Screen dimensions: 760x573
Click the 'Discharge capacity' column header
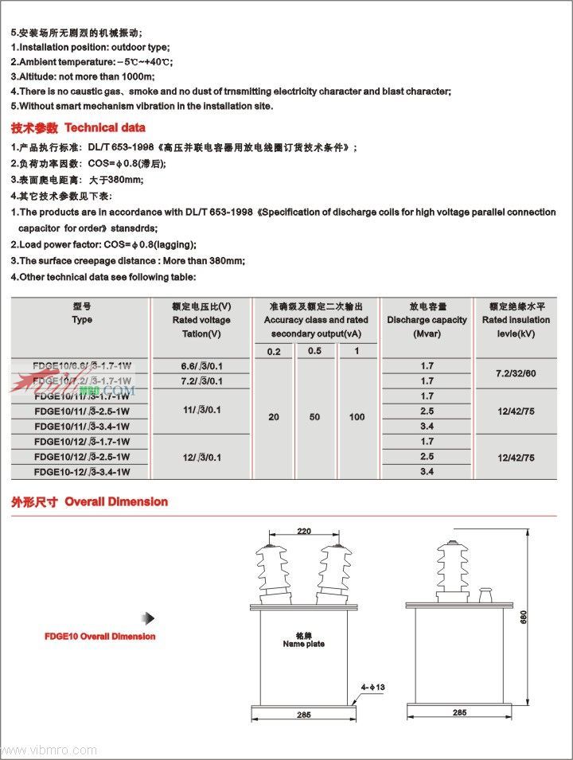[x=427, y=320]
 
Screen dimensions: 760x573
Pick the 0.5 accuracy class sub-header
[x=315, y=351]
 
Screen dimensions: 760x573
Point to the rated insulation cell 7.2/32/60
[x=516, y=373]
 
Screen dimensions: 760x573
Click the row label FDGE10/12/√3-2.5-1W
[x=82, y=457]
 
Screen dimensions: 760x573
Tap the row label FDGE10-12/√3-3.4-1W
[x=82, y=472]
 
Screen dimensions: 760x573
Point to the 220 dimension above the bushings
[x=304, y=530]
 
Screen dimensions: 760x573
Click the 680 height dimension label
[x=524, y=617]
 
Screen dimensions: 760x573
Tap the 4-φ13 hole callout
[x=373, y=687]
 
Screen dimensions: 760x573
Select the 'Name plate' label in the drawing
[x=304, y=641]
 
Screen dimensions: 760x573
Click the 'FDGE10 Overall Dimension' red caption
[x=100, y=637]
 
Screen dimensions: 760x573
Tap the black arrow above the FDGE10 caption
[x=148, y=618]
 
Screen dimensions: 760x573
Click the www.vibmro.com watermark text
[x=50, y=750]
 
